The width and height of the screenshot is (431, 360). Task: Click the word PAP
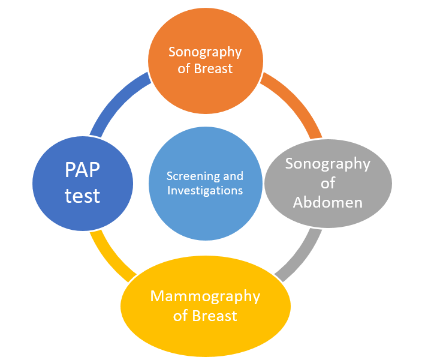[x=83, y=172]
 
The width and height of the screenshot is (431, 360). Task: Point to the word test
[x=83, y=196]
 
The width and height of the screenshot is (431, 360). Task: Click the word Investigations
[x=205, y=191]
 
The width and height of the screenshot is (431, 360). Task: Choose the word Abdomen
[x=328, y=202]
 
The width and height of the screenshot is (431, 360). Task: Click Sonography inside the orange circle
[x=205, y=52]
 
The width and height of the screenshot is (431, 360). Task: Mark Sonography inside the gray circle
[x=328, y=163]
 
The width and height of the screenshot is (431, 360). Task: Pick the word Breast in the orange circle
[x=213, y=68]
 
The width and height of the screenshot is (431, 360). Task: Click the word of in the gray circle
[x=328, y=182]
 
